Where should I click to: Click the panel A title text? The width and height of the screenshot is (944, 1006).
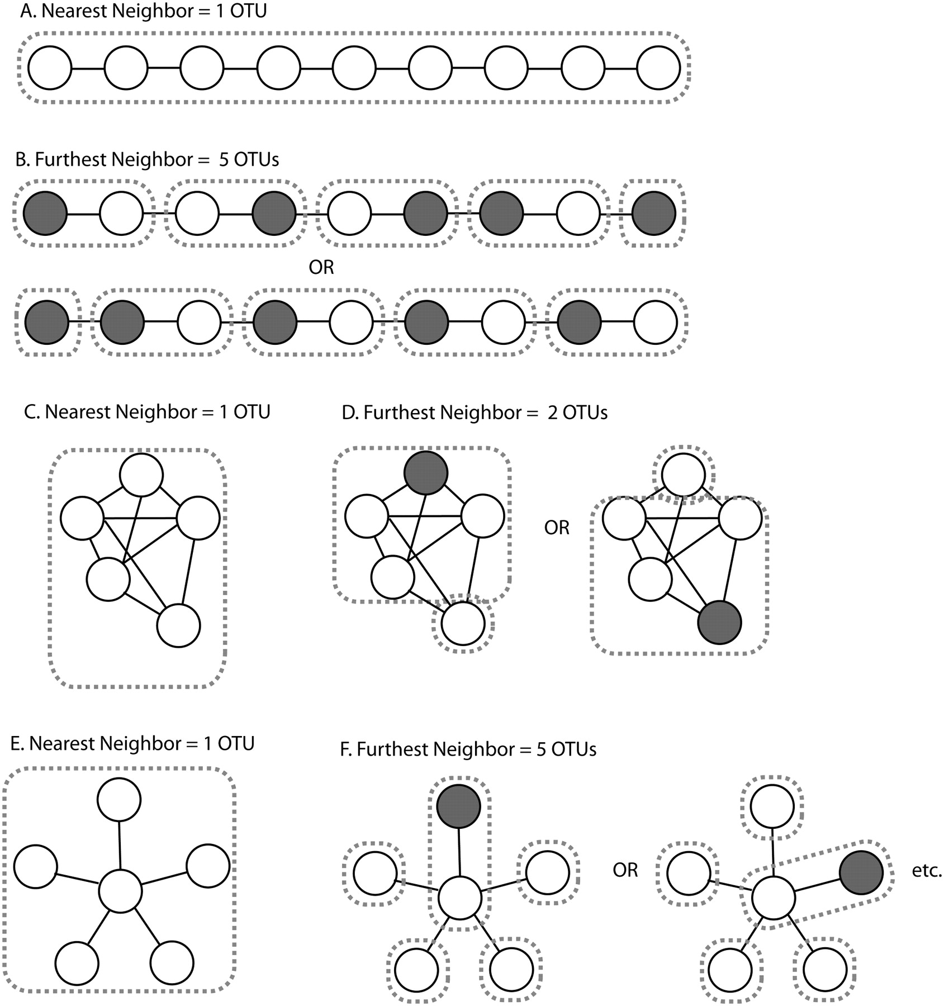143,11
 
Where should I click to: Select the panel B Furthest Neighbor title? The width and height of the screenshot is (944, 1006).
147,160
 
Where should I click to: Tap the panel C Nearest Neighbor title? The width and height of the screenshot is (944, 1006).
148,412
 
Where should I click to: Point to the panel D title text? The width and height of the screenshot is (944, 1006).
475,413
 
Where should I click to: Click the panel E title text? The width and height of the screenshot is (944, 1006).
132,743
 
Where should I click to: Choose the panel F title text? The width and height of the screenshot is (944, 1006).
468,749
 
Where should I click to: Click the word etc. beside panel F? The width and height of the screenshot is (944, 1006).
927,870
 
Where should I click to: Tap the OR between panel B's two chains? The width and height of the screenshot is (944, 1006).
321,268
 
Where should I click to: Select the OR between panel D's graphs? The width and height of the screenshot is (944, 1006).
557,527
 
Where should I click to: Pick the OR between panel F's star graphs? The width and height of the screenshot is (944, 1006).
625,870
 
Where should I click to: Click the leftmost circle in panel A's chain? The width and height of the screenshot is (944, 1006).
50,68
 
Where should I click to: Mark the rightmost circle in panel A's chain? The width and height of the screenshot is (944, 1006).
658,68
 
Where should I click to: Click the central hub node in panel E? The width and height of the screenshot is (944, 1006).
120,891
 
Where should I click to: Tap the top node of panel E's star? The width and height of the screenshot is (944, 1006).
119,800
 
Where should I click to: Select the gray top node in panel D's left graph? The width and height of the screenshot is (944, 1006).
426,473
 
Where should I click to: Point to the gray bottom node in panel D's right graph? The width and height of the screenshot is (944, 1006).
720,622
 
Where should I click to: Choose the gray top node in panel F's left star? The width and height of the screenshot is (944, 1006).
458,806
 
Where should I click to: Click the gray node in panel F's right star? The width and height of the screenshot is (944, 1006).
861,872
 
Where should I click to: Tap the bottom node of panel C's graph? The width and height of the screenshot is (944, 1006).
178,625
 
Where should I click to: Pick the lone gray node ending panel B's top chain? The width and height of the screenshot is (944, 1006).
654,213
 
